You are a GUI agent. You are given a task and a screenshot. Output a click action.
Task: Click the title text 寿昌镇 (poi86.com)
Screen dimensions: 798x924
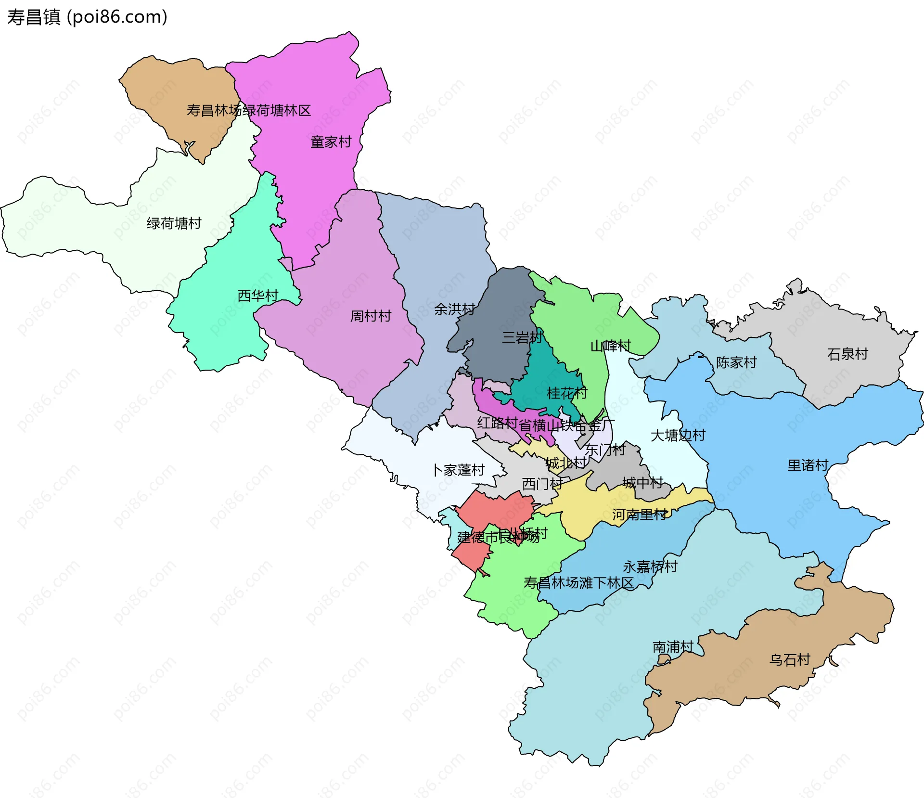point(87,17)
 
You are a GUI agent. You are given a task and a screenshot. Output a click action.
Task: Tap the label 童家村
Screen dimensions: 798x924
point(331,142)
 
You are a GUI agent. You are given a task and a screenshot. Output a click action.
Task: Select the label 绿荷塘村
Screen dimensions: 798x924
point(174,223)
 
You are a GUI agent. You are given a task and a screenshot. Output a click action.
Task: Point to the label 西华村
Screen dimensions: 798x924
point(258,296)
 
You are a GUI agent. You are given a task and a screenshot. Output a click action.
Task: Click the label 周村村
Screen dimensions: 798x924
point(371,316)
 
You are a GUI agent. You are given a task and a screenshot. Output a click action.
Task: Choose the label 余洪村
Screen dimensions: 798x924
point(454,309)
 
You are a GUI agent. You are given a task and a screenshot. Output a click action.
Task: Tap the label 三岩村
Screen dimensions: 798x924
point(522,337)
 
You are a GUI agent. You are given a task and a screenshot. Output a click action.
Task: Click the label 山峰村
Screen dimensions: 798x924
point(610,346)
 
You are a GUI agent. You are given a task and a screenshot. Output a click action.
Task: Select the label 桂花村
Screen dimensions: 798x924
point(567,393)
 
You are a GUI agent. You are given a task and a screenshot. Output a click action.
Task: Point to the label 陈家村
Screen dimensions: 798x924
point(736,362)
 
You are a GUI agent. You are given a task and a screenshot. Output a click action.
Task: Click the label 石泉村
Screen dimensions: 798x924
point(847,354)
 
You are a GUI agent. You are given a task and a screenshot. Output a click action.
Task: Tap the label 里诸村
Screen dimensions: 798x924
point(808,465)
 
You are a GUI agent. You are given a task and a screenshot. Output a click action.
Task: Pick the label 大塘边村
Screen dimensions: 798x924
point(678,435)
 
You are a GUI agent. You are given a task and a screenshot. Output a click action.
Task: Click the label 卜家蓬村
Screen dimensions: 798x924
point(458,470)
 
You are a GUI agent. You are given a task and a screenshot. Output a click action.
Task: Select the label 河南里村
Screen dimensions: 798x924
point(640,515)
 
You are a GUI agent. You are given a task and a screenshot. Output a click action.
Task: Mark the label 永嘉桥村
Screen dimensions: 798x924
point(650,566)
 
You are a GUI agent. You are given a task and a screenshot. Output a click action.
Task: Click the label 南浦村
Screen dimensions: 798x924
point(673,647)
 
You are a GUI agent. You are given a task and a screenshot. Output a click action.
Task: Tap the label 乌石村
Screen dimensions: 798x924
point(790,659)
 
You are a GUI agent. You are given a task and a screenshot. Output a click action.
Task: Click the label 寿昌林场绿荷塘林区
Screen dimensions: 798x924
point(249,111)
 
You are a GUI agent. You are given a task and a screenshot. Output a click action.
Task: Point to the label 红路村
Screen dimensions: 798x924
point(497,423)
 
